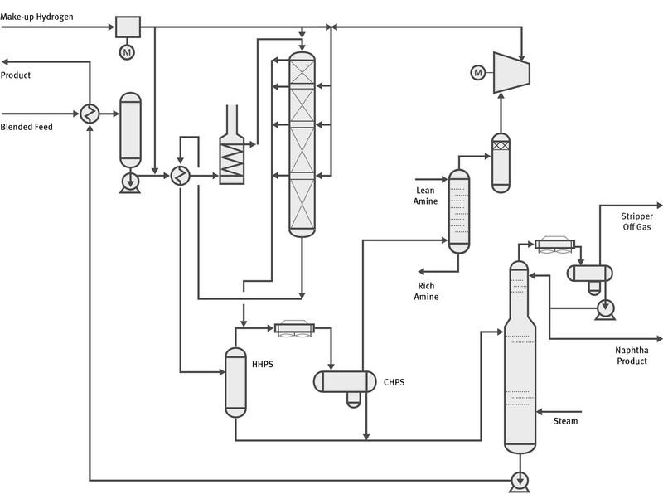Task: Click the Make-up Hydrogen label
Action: (37, 17)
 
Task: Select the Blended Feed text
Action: (27, 127)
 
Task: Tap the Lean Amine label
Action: (424, 196)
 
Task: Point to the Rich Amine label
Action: (427, 291)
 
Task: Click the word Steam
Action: (565, 421)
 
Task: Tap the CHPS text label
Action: (394, 382)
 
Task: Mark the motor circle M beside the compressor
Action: (477, 74)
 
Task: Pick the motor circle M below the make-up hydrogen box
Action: (127, 52)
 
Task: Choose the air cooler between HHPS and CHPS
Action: (293, 327)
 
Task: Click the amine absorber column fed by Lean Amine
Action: (458, 211)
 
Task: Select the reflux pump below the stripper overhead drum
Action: (605, 308)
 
